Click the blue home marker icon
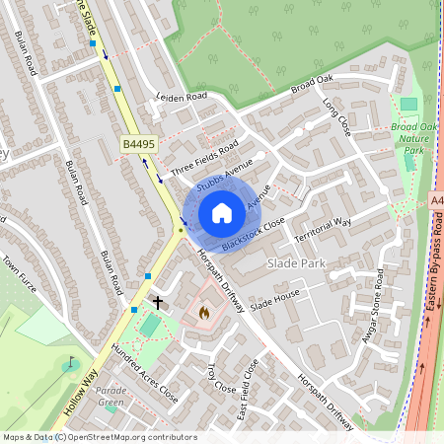pyautogui.click(x=222, y=213)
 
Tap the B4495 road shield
pyautogui.click(x=139, y=145)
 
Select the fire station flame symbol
pyautogui.click(x=204, y=312)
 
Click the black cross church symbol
pyautogui.click(x=157, y=300)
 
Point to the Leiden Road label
pyautogui.click(x=183, y=98)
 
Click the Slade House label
pyautogui.click(x=273, y=301)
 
